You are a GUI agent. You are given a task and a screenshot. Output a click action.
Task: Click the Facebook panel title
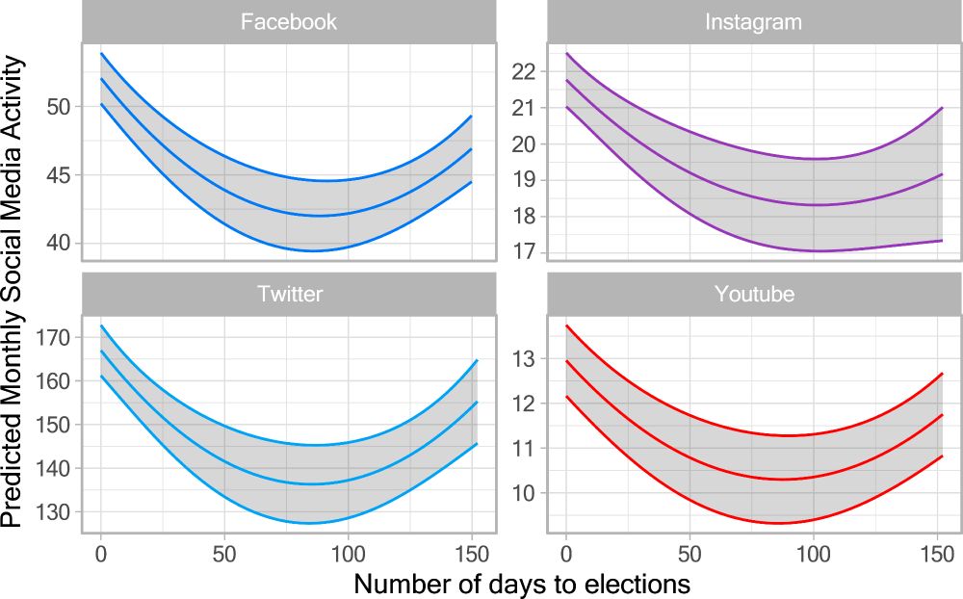click(x=289, y=21)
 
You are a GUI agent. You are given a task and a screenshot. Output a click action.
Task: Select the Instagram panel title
click(x=754, y=21)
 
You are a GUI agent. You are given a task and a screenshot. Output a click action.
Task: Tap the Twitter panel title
click(x=289, y=294)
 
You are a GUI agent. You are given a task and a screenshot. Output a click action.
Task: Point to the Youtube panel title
click(x=754, y=294)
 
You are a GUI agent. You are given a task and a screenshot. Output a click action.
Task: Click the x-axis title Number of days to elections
click(x=521, y=583)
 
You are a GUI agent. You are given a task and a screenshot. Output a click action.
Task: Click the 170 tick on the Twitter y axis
click(x=53, y=338)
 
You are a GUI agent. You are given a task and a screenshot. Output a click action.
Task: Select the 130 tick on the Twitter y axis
click(x=53, y=512)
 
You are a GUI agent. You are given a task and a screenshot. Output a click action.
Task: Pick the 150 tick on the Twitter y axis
click(x=53, y=425)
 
